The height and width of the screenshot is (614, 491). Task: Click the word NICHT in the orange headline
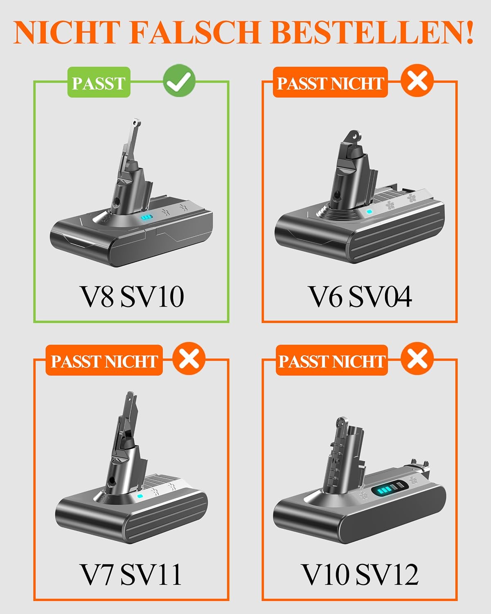66,32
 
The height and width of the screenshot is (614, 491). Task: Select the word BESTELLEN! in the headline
372,32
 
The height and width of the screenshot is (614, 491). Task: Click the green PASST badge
99,82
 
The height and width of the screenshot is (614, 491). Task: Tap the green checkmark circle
179,81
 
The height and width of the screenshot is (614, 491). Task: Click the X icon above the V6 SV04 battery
417,81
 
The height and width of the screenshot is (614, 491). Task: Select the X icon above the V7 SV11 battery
189,358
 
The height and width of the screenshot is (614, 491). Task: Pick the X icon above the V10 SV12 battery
417,358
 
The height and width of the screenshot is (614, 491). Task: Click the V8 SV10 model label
132,297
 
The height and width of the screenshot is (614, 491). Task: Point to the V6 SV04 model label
360,297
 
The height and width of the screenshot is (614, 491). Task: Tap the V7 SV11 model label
131,574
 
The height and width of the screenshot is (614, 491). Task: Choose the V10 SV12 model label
360,574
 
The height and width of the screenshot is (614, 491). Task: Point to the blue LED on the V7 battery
140,496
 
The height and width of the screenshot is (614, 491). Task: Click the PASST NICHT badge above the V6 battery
330,82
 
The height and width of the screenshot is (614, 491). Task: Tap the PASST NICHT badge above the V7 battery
104,360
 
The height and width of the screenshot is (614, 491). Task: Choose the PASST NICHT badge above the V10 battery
332,360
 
